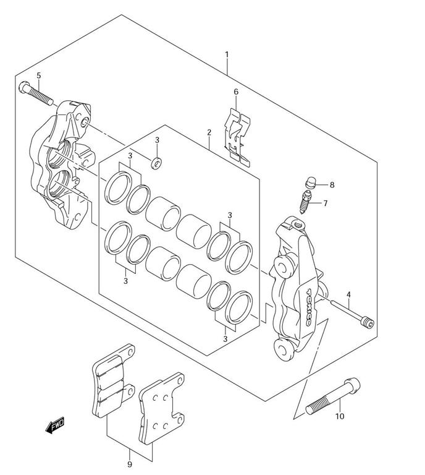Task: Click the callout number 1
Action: pyautogui.click(x=227, y=55)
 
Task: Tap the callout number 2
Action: pyautogui.click(x=209, y=133)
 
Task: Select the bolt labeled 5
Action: pyautogui.click(x=36, y=93)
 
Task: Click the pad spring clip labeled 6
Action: pyautogui.click(x=237, y=137)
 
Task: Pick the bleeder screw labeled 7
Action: pyautogui.click(x=306, y=202)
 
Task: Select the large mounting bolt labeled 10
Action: pyautogui.click(x=333, y=396)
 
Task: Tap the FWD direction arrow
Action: pyautogui.click(x=55, y=425)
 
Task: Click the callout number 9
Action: pyautogui.click(x=130, y=464)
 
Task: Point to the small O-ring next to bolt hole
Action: pyautogui.click(x=156, y=163)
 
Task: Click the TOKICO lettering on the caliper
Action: pyautogui.click(x=309, y=307)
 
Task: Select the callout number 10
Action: pyautogui.click(x=340, y=416)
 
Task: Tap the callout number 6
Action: pyautogui.click(x=236, y=92)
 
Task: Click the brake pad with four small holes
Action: pyautogui.click(x=162, y=409)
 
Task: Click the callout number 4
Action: pyautogui.click(x=348, y=294)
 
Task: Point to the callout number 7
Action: pyautogui.click(x=325, y=203)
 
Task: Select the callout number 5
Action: pyautogui.click(x=39, y=75)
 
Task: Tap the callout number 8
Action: pyautogui.click(x=332, y=185)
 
